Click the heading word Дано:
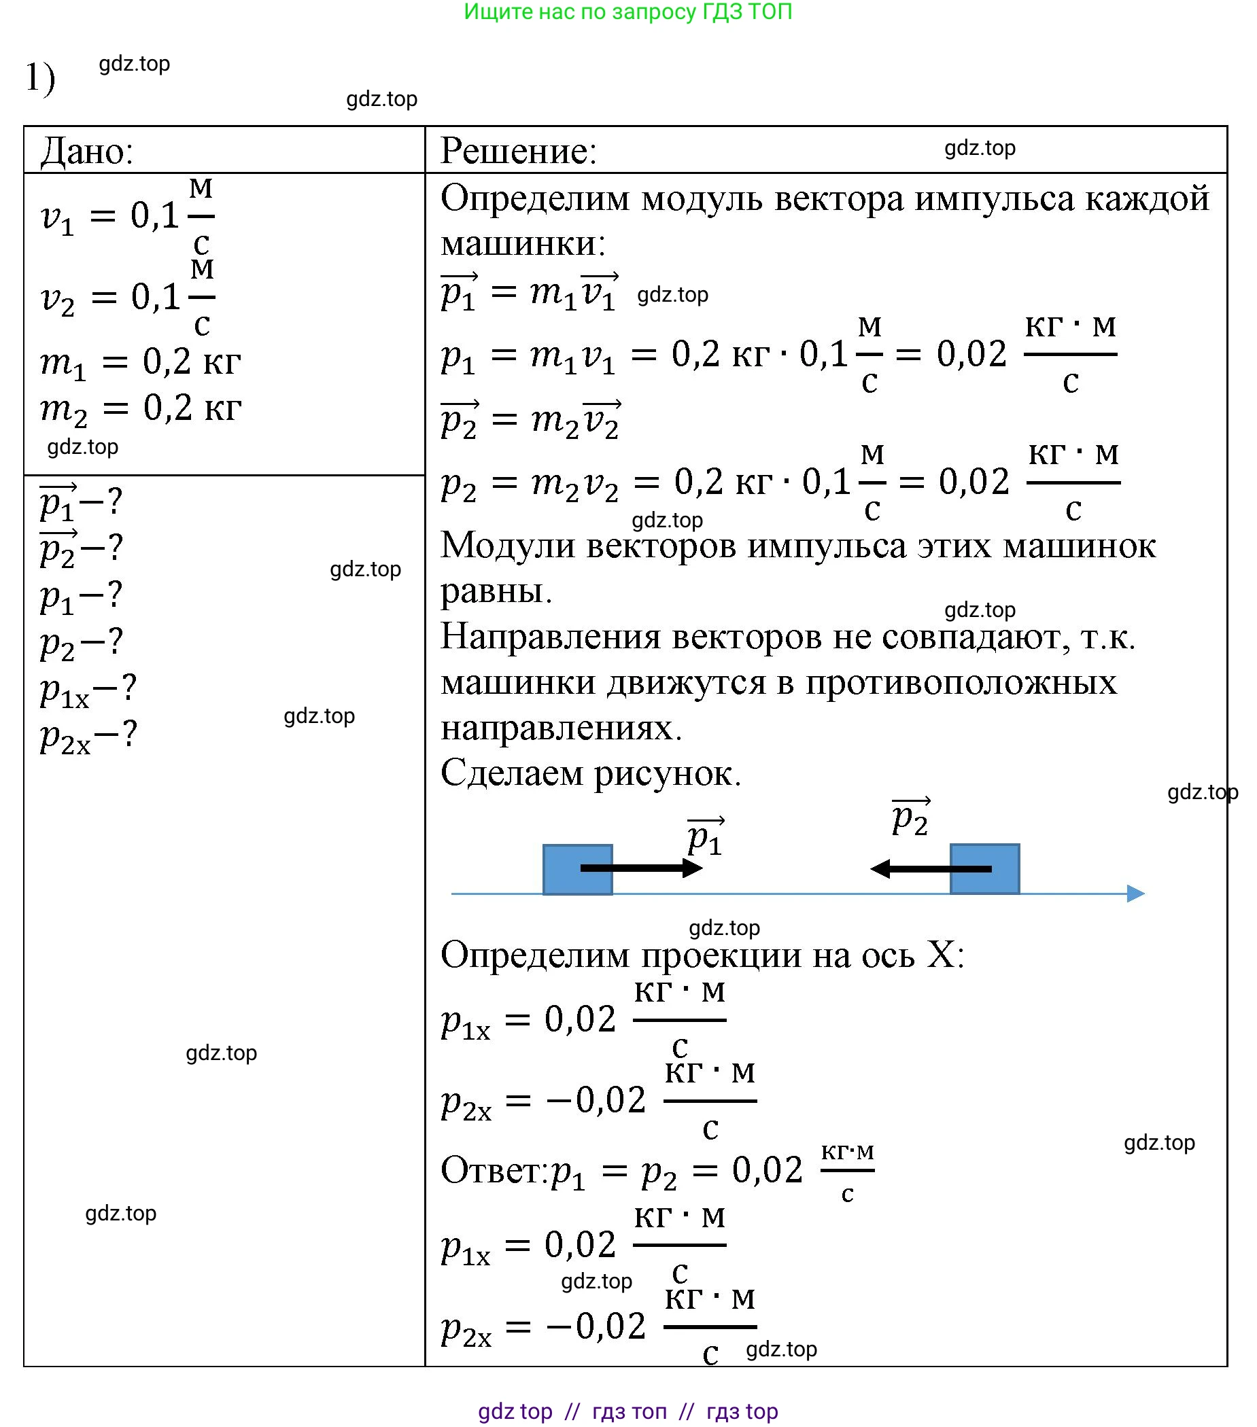[x=86, y=151]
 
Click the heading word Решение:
[x=519, y=151]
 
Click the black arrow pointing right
[x=641, y=868]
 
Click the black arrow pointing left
[x=930, y=869]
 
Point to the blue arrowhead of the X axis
[x=1135, y=894]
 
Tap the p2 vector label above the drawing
[x=910, y=817]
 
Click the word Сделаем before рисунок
[x=511, y=773]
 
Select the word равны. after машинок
[x=496, y=591]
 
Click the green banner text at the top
[x=627, y=12]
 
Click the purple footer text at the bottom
[x=627, y=1411]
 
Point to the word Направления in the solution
[x=550, y=637]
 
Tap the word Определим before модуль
[x=535, y=198]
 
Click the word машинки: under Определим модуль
[x=523, y=244]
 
